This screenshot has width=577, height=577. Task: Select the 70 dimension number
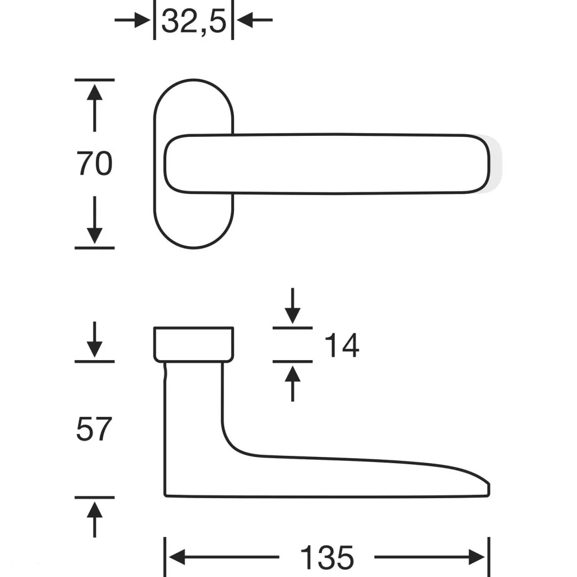click(x=94, y=163)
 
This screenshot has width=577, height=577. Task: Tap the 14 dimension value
click(x=341, y=345)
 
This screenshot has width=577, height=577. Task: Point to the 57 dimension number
click(x=94, y=429)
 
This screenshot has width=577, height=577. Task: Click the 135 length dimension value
click(x=327, y=558)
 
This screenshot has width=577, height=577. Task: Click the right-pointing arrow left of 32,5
click(x=132, y=20)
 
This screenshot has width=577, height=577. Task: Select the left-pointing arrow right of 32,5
click(x=254, y=20)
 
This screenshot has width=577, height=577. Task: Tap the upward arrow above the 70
click(x=95, y=108)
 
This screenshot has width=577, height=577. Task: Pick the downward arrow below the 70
click(x=95, y=220)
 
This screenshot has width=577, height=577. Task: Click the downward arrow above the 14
click(x=292, y=306)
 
